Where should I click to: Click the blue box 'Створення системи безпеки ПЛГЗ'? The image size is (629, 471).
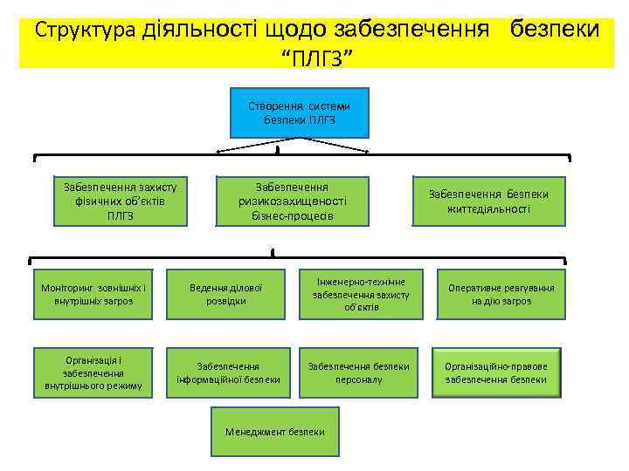pos(300,113)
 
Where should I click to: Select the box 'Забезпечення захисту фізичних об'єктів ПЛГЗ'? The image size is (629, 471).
pos(121,201)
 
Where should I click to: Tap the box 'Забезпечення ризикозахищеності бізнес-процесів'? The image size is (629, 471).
pos(292,201)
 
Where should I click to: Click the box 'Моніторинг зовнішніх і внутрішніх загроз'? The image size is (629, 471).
pos(93,294)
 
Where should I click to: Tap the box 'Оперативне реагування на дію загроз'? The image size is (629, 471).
pos(494,294)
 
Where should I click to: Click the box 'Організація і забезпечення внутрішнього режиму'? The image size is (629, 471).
pos(93,372)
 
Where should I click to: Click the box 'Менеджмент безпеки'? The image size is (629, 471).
pos(274,432)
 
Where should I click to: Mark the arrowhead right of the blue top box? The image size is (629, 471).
pos(372,154)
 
